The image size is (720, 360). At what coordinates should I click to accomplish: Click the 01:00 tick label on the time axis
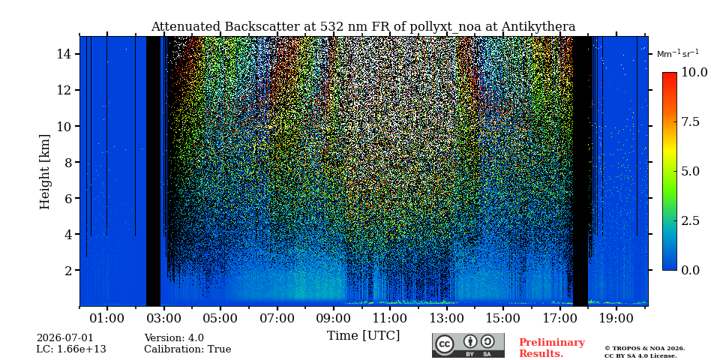[107, 318]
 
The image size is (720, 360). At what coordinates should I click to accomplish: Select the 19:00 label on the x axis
[616, 318]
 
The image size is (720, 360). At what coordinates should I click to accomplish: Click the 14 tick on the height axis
[65, 54]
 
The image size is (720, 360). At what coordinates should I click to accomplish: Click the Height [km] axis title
[44, 171]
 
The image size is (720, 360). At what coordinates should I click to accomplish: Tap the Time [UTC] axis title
[363, 335]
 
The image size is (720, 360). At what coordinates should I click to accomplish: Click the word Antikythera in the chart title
[538, 27]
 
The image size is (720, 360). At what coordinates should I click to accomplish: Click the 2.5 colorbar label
[690, 220]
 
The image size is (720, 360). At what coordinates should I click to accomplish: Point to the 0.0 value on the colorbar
[690, 270]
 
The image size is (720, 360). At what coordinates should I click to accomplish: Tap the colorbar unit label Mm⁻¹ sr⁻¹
[678, 54]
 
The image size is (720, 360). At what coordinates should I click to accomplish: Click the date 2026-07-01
[64, 338]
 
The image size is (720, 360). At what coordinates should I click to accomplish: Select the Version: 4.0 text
[174, 338]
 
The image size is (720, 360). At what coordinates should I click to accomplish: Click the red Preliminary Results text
[552, 347]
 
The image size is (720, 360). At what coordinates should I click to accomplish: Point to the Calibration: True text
[187, 349]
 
